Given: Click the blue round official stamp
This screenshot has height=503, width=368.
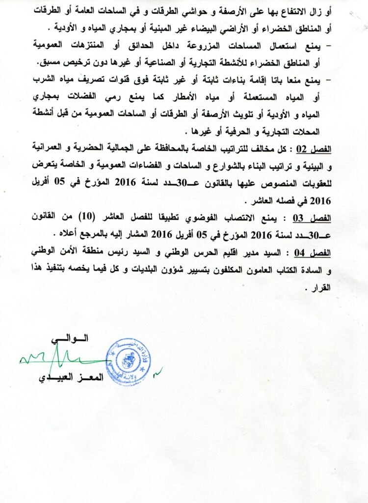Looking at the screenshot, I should click(129, 361).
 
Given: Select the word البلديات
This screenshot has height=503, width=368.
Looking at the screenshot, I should click(147, 270).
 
